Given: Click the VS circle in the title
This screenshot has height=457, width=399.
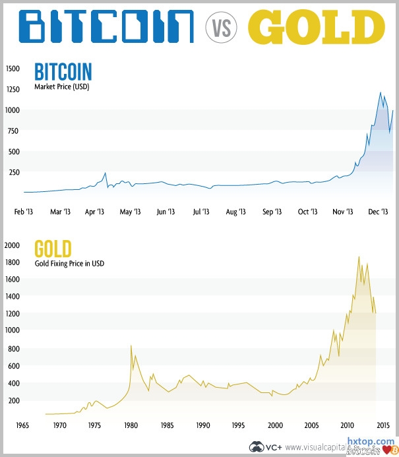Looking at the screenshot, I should pyautogui.click(x=221, y=28).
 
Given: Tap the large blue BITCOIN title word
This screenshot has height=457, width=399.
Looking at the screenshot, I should pyautogui.click(x=106, y=27).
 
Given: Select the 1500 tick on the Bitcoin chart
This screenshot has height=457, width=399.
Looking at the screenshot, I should pyautogui.click(x=13, y=68).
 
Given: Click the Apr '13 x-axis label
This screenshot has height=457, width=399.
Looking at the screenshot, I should pyautogui.click(x=95, y=212).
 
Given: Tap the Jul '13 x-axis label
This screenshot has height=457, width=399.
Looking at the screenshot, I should pyautogui.click(x=200, y=212).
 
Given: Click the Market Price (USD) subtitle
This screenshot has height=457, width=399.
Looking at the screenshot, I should pyautogui.click(x=61, y=86).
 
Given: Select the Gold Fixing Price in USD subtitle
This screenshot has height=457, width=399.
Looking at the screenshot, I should pyautogui.click(x=69, y=264).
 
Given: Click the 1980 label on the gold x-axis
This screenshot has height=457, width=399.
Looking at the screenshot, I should pyautogui.click(x=131, y=425).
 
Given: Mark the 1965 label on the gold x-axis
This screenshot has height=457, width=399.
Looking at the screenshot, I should pyautogui.click(x=23, y=425).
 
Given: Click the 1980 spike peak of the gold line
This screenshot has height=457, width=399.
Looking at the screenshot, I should pyautogui.click(x=131, y=346).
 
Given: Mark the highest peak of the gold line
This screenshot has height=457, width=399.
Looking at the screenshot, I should pyautogui.click(x=359, y=257).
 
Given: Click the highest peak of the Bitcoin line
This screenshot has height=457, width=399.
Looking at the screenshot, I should pyautogui.click(x=381, y=92).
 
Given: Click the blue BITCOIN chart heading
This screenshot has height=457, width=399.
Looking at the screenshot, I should pyautogui.click(x=63, y=71).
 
